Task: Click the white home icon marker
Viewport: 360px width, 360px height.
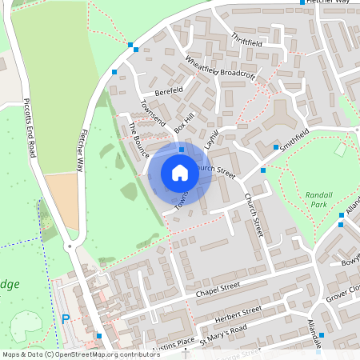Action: click(180, 171)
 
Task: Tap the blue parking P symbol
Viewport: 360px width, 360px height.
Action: click(66, 319)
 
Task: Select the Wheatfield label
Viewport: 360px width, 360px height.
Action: click(201, 66)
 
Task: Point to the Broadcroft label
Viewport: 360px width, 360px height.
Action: click(237, 74)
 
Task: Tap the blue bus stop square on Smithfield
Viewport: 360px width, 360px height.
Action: click(276, 147)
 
